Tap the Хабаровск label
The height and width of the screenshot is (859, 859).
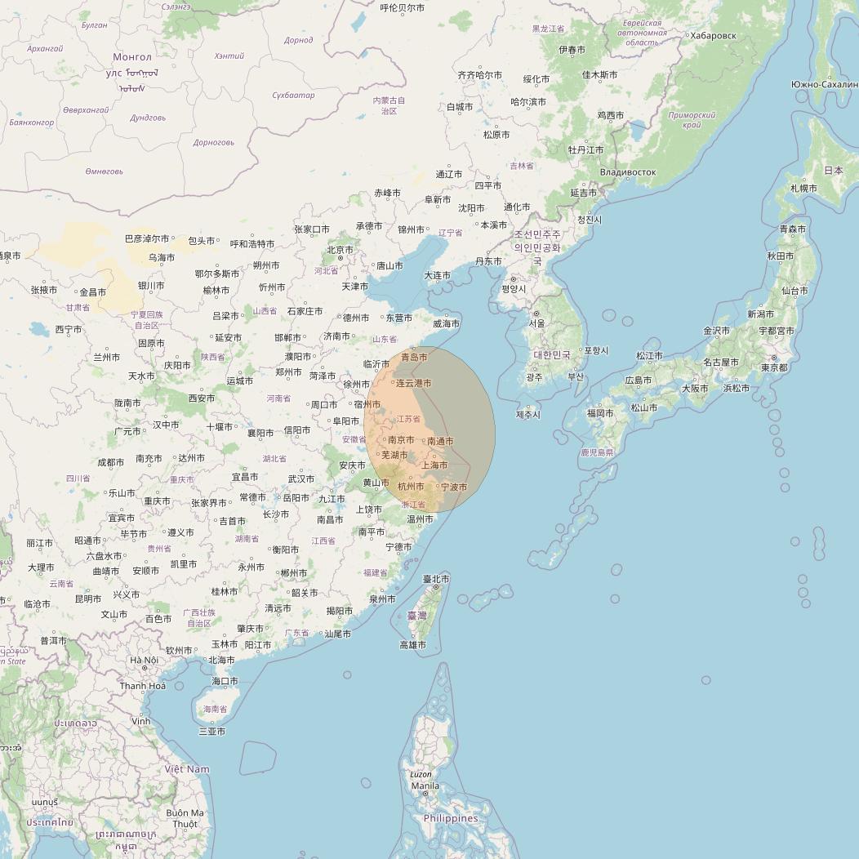pos(713,36)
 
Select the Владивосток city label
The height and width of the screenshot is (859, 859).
pos(627,172)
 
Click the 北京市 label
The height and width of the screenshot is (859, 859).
pos(340,250)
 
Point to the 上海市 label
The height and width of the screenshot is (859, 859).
pos(434,465)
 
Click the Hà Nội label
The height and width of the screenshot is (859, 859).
pos(144,660)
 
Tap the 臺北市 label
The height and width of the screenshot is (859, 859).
pos(436,579)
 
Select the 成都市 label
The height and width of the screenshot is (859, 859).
pos(111,462)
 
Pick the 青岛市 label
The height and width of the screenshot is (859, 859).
pos(414,357)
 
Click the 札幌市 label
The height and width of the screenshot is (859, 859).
pos(803,189)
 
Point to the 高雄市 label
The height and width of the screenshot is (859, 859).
pos(412,645)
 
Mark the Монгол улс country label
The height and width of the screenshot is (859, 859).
pos(132,65)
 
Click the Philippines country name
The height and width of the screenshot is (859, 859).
pos(451,818)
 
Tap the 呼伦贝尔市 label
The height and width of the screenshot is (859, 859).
pos(403,8)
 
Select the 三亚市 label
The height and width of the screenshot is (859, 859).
pos(211,732)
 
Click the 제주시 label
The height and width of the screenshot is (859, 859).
pos(527,415)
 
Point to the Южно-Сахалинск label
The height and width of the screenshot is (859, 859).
pos(825,84)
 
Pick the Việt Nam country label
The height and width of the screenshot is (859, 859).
pos(187,769)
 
